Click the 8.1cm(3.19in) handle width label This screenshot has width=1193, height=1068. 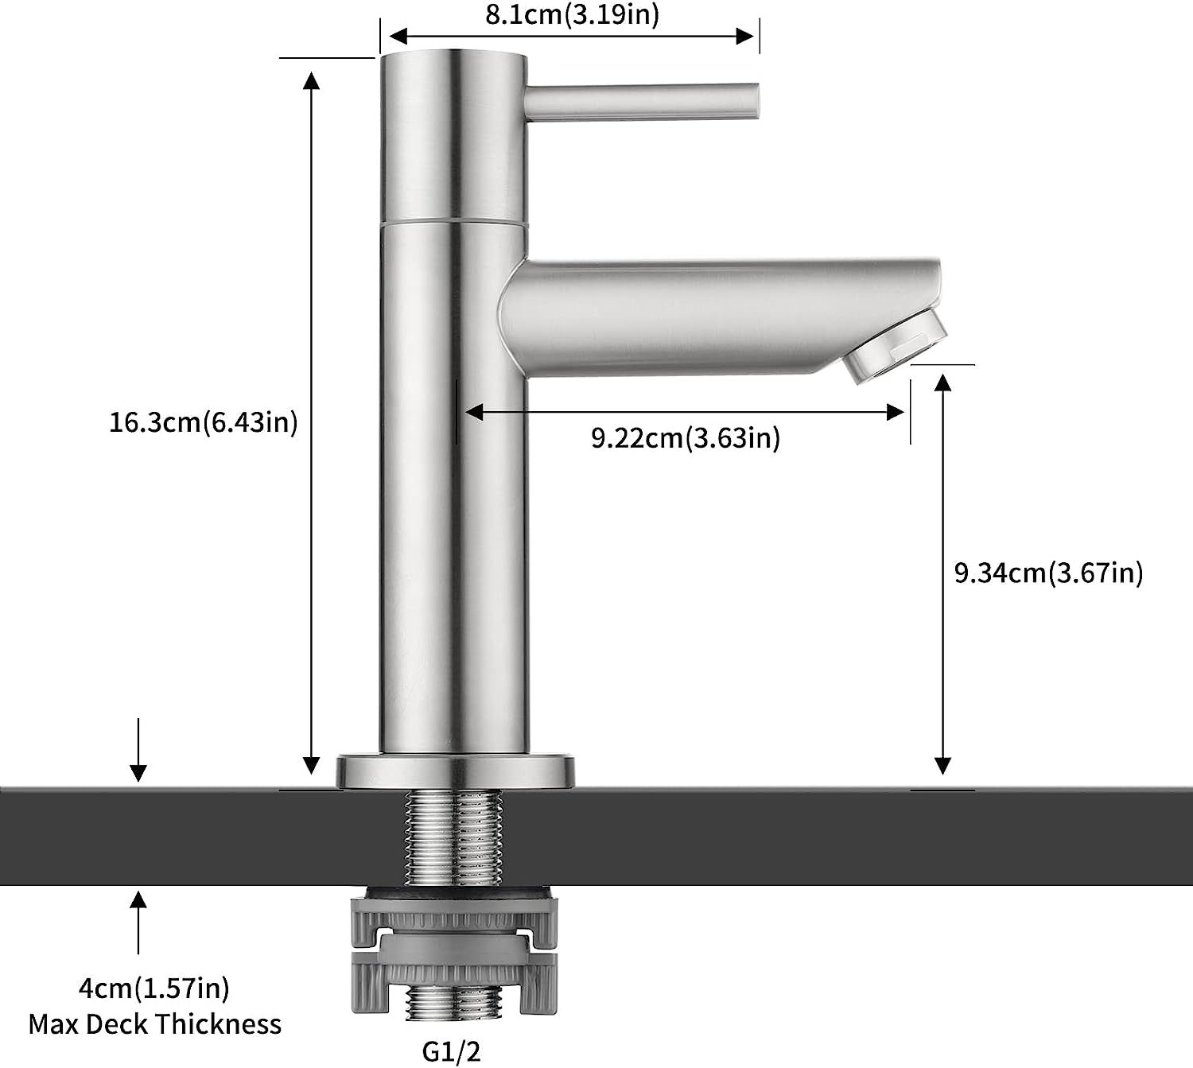(572, 14)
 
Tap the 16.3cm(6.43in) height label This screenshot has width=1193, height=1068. (204, 422)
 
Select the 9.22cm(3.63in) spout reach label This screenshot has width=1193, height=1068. (686, 438)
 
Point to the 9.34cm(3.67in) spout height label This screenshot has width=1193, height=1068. (1049, 573)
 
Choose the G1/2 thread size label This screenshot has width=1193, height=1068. (452, 1051)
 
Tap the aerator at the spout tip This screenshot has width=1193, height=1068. (895, 348)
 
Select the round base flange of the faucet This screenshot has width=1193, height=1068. (455, 771)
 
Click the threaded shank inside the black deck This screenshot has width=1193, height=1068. (453, 837)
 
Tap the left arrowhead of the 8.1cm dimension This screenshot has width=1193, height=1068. (398, 37)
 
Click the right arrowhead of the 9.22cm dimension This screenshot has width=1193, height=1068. (895, 412)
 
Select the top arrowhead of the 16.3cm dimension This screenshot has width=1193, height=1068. (311, 80)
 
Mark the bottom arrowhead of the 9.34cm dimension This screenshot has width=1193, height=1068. (942, 765)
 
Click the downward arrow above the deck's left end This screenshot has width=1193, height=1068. (138, 750)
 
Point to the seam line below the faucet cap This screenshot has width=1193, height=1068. (454, 223)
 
